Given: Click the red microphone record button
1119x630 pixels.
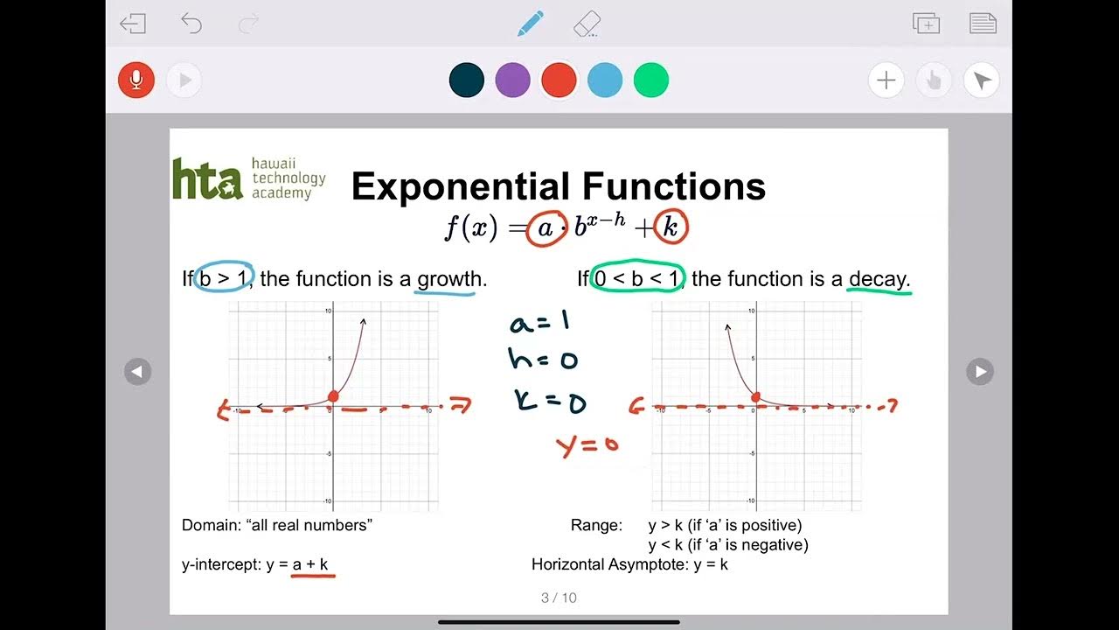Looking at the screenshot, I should point(136,80).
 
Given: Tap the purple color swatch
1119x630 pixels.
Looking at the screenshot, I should point(513,80).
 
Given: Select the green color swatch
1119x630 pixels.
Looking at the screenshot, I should point(651,80).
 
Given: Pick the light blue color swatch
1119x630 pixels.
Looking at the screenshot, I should point(605,80).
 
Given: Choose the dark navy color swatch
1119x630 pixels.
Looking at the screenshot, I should point(467,80).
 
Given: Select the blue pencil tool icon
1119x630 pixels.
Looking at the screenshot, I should point(530,24).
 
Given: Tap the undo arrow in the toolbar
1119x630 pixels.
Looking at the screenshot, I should point(191,24).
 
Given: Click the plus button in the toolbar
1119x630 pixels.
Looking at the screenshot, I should point(886,81).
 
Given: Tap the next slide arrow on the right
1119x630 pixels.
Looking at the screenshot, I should point(980,372).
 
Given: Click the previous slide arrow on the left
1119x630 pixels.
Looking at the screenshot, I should point(137,372).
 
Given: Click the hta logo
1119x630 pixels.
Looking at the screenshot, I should point(207,178).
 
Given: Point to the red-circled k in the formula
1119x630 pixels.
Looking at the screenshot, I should point(671,228).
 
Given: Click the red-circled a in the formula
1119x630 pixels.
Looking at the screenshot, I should point(546,228).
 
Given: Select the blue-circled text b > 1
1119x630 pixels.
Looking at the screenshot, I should point(224,278).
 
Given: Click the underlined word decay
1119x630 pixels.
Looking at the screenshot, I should point(879,279).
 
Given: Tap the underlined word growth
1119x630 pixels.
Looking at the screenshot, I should point(449,279).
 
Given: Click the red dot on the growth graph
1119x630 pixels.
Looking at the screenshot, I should point(333,397).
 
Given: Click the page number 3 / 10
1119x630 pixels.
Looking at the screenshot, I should point(559,598).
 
